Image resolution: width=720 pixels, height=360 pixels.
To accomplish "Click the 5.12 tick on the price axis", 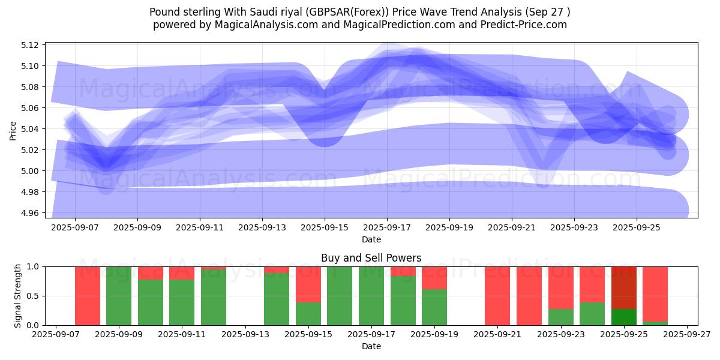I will click(30, 45).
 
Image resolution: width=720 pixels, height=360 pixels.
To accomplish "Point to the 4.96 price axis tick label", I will click(30, 213).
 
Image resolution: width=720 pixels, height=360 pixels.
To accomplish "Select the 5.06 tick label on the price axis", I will click(30, 108).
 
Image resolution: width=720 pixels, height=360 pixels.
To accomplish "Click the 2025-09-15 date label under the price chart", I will click(325, 227).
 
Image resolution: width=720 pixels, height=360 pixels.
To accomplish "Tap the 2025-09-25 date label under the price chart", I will click(637, 227).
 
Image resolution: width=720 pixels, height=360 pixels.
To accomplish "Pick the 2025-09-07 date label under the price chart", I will click(75, 227).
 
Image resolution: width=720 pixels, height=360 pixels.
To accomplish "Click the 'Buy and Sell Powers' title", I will click(371, 258).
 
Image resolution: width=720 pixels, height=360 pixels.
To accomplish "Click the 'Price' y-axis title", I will click(13, 130).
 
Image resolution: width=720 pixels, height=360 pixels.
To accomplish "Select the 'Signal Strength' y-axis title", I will click(18, 296).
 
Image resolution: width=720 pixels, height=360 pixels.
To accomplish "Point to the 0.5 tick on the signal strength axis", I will click(34, 296).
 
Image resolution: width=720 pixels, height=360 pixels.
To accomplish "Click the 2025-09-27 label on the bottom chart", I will click(687, 335).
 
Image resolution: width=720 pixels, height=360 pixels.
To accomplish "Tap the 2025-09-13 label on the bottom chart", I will click(246, 335).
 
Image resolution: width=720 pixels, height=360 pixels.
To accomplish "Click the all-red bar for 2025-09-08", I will click(88, 296).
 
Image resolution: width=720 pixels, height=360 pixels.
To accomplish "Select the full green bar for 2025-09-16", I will click(340, 296).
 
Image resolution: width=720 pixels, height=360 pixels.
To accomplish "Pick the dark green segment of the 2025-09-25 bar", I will click(624, 317).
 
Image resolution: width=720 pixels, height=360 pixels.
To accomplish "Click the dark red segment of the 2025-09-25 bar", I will click(624, 287).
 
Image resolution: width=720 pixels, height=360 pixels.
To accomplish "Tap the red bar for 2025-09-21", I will click(497, 296).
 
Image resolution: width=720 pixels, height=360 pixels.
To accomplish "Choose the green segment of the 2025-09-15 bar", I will click(308, 314).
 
